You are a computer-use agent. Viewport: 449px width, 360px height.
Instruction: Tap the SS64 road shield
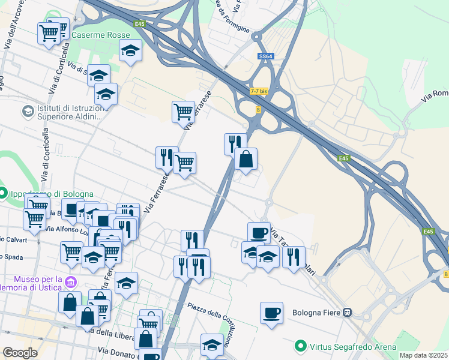coord(266,56)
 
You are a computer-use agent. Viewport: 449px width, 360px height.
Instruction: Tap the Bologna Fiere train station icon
coord(348,313)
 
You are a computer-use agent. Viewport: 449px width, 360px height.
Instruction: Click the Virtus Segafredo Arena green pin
coord(301,346)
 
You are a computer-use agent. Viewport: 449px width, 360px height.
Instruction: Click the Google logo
coord(20,353)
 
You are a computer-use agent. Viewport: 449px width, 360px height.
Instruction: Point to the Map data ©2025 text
coord(424,355)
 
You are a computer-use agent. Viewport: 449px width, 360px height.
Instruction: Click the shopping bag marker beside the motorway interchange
coord(246,160)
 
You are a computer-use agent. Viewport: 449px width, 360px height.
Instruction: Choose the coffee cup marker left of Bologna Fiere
coord(271,313)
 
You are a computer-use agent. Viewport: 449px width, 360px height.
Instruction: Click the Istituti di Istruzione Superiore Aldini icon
coord(28,111)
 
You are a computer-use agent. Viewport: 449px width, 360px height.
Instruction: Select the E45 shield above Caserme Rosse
coord(140,24)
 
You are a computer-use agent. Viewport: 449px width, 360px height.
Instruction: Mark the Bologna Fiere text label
coord(315,313)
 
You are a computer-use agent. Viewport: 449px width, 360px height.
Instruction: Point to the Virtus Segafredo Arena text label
coord(353,347)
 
